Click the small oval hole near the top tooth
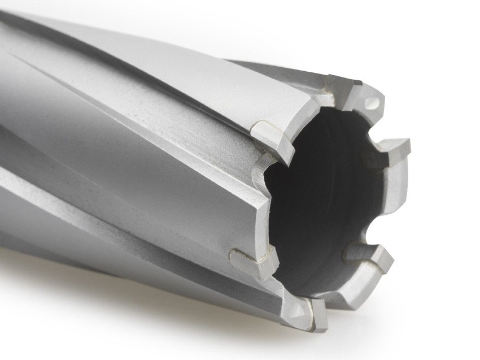click(x=371, y=103)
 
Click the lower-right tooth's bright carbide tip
click(x=383, y=258)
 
